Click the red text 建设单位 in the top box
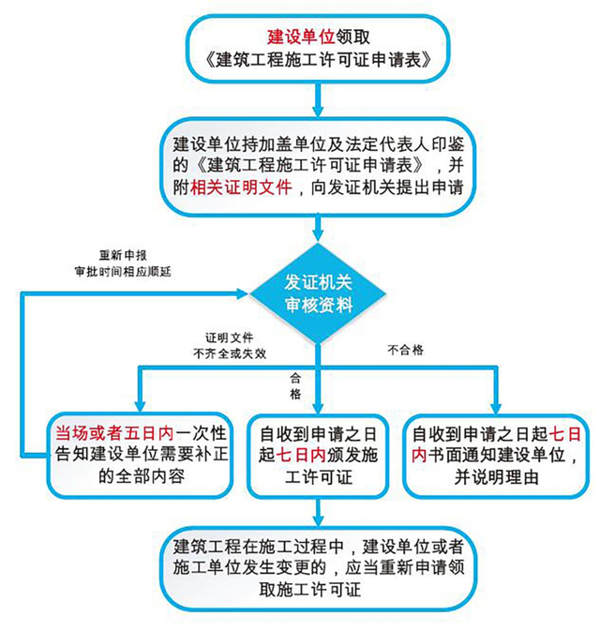coord(301,37)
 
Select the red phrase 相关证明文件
coord(242,188)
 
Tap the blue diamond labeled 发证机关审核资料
coord(318,293)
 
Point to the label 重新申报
coord(123,255)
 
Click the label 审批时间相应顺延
coord(123,272)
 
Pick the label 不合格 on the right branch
coord(406,350)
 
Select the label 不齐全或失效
coord(230,353)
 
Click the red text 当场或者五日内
coord(115,433)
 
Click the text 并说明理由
coord(497,477)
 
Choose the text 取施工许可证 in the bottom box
coord(310,590)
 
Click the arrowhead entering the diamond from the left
coord(243,293)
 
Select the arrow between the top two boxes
coord(318,99)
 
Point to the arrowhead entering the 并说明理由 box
coord(496,407)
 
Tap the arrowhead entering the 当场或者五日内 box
coord(140,405)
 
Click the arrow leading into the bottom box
coord(318,513)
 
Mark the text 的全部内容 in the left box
coord(142,477)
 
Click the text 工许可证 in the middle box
coord(319,477)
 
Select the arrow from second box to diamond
coord(318,229)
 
